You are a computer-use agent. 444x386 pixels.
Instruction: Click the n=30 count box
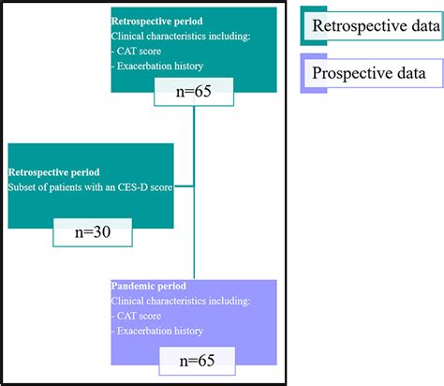(93, 232)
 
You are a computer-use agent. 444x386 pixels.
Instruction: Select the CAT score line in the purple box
(140, 317)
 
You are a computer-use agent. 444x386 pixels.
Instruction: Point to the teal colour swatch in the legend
(307, 27)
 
